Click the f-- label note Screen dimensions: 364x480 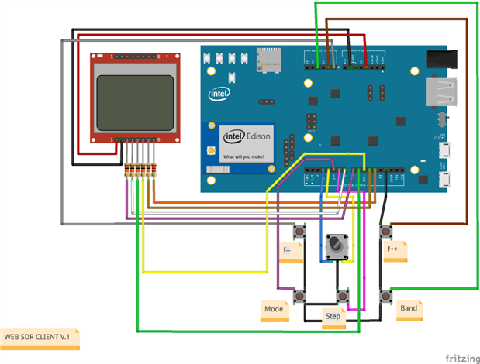point(288,250)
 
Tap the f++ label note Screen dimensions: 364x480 point(393,249)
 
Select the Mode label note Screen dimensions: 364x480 point(274,309)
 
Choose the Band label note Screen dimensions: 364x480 point(408,308)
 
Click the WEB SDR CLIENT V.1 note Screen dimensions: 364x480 point(40,337)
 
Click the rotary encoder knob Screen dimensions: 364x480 point(336,246)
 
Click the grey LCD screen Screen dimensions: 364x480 point(134,102)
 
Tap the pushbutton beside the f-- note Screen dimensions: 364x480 point(298,232)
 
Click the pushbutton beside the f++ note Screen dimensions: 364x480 point(385,232)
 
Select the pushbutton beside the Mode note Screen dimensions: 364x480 point(298,294)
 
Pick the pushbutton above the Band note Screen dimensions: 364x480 point(385,294)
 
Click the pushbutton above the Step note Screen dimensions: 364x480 point(342,295)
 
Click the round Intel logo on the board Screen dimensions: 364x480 point(219,94)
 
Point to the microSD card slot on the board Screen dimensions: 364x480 point(269,57)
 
